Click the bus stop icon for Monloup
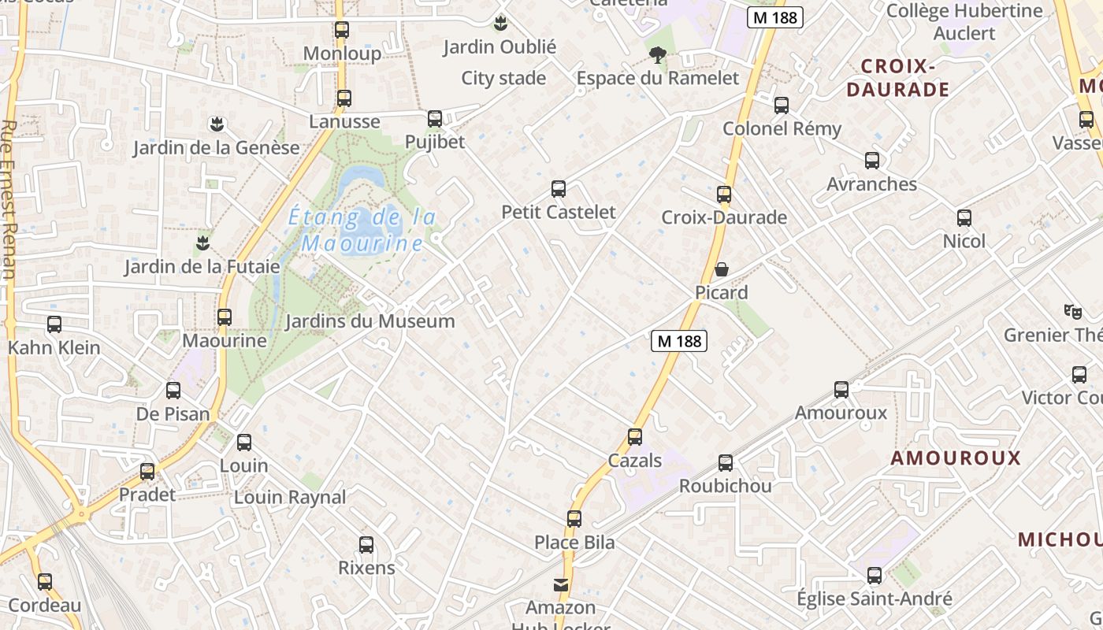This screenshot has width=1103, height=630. pos(341,30)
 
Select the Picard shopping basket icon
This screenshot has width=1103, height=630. pos(721,269)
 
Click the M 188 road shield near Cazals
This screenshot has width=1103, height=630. pos(679,341)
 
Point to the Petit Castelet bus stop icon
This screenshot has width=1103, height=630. pos(559,189)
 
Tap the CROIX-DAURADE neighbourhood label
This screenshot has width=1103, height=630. pos(897,77)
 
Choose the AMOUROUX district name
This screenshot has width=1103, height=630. pos(955,458)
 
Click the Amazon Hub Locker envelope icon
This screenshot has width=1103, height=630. pos(561,584)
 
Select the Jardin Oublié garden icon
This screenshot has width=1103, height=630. pos(500,24)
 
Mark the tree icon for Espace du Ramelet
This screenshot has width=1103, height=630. pos(658,54)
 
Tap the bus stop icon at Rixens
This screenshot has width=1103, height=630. pos(366,545)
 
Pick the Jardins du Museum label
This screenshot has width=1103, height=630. pos(370,321)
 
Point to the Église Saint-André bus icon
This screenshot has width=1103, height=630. pos(874,576)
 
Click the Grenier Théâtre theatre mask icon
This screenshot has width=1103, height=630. pos(1071,311)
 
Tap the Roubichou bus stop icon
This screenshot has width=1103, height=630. pos(726,463)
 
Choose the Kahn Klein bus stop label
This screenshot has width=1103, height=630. pos(54,347)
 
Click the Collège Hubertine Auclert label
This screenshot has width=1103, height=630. pos(964,22)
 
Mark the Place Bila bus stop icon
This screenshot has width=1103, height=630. pos(574,519)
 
